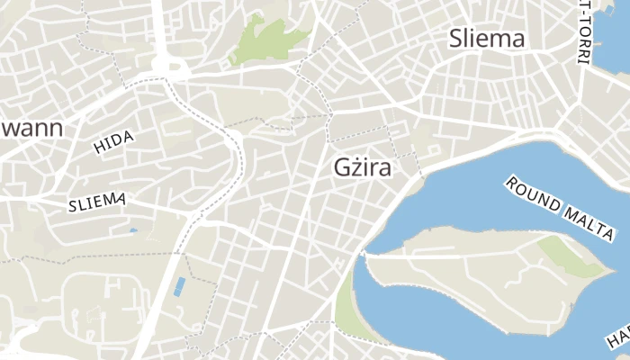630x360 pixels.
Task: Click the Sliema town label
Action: pos(487,39)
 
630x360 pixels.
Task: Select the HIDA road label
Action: pos(114,142)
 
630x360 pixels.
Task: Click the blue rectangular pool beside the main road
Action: pos(179,287)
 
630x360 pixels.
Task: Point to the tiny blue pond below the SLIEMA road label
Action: pos(133,230)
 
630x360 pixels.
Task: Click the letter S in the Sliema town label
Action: pos(456,39)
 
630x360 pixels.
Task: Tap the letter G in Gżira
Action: pos(341,168)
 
